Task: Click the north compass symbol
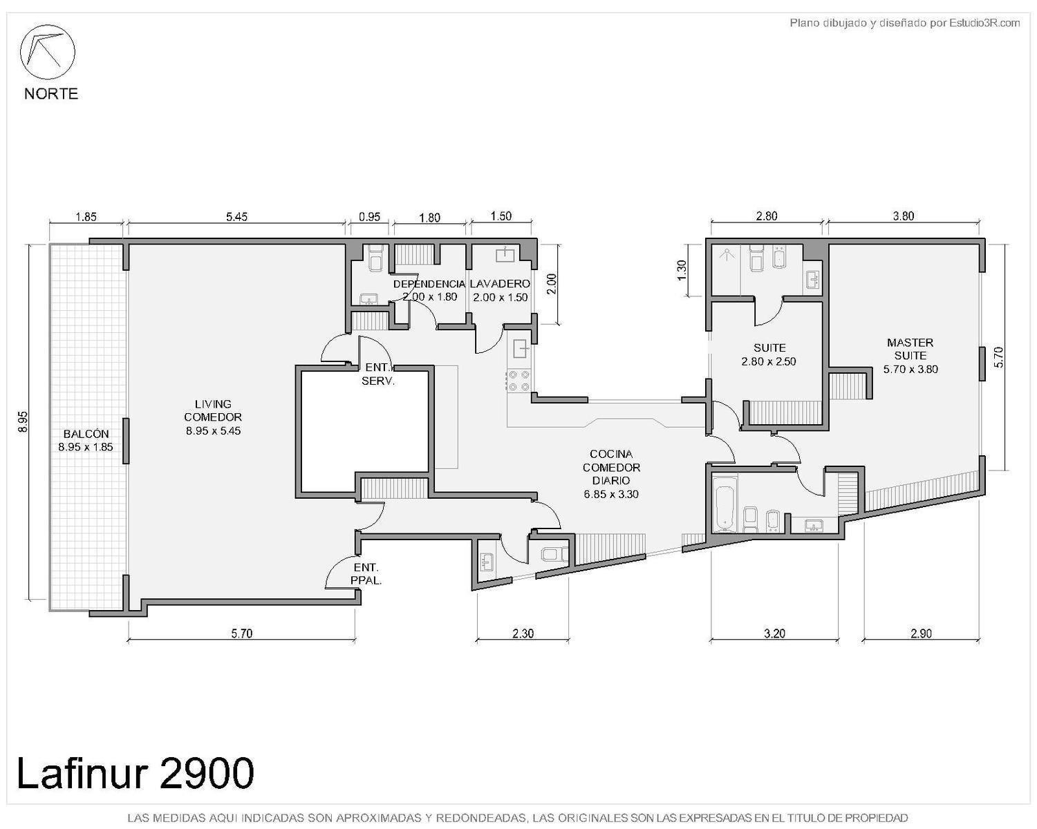(x=47, y=52)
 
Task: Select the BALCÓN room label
(x=86, y=440)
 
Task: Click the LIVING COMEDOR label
(x=213, y=417)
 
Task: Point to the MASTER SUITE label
(x=910, y=356)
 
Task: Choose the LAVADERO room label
(x=501, y=290)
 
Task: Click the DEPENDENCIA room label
(x=429, y=290)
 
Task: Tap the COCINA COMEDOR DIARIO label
(x=611, y=474)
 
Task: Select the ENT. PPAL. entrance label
(x=366, y=573)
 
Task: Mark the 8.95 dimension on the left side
(x=23, y=421)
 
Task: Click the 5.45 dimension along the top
(x=236, y=217)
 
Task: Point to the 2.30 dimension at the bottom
(x=523, y=633)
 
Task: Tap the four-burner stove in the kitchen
(x=518, y=381)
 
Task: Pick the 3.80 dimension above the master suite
(x=904, y=216)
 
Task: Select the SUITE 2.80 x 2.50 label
(x=769, y=354)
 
